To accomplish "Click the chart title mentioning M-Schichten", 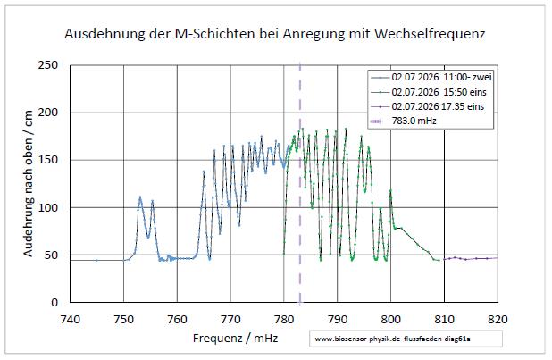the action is pyautogui.click(x=275, y=34).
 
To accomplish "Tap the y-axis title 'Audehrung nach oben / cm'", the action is pyautogui.click(x=28, y=183).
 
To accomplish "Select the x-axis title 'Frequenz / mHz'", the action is pyautogui.click(x=235, y=339).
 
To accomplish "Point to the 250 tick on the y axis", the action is pyautogui.click(x=48, y=65).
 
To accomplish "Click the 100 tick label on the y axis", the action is pyautogui.click(x=48, y=207).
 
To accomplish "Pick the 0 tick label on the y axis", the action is pyautogui.click(x=54, y=302).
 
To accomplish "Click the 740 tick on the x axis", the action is pyautogui.click(x=71, y=320).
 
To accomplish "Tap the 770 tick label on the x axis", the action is pyautogui.click(x=230, y=320).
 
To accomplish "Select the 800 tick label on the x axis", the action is pyautogui.click(x=390, y=320).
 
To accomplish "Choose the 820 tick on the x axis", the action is pyautogui.click(x=498, y=320).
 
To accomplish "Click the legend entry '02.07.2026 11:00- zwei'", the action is pyautogui.click(x=431, y=77).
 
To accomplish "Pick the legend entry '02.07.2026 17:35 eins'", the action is pyautogui.click(x=427, y=106).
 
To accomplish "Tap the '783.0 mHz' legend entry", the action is pyautogui.click(x=404, y=121).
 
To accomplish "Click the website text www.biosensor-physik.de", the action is pyautogui.click(x=357, y=339).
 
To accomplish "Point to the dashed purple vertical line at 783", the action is pyautogui.click(x=300, y=183).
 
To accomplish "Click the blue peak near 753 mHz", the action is pyautogui.click(x=140, y=197).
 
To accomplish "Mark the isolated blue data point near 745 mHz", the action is pyautogui.click(x=96, y=260).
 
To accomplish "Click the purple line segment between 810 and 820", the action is pyautogui.click(x=471, y=258).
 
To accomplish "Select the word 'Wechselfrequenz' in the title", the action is pyautogui.click(x=430, y=34).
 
